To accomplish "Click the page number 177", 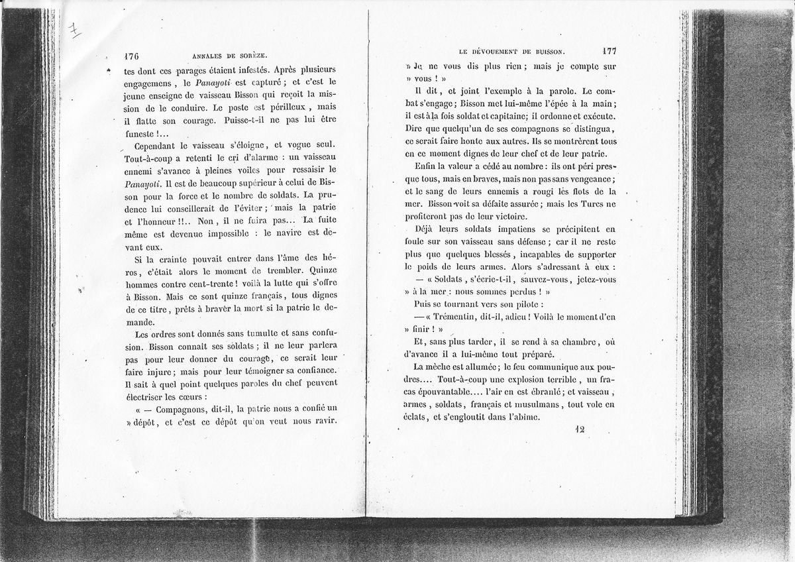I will (x=609, y=50).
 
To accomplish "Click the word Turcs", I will (x=580, y=204).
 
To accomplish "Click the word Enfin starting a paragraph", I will (x=425, y=166).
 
